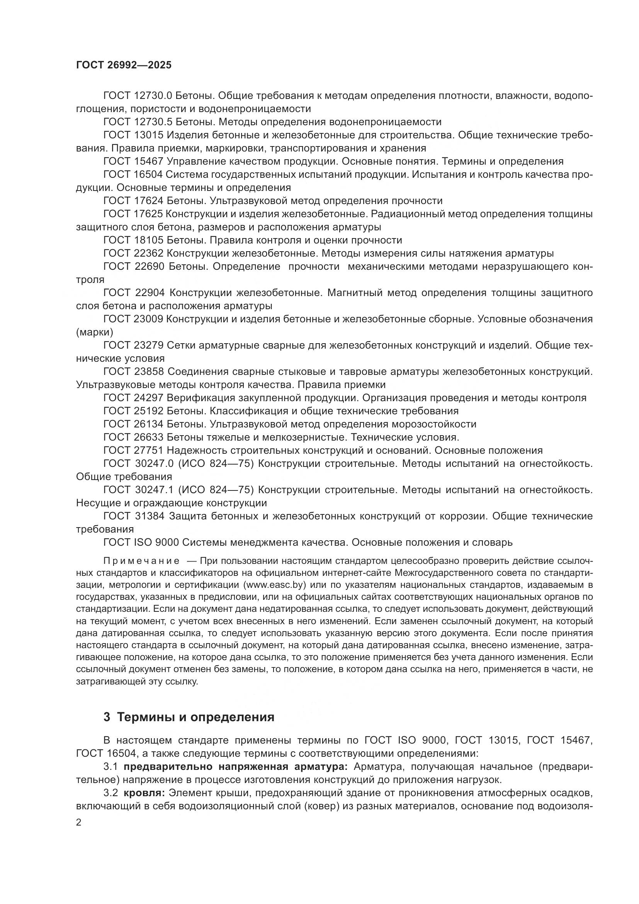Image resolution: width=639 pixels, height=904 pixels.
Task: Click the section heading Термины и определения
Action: coord(195,717)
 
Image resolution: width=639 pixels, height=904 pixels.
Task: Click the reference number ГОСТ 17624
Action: coord(133,201)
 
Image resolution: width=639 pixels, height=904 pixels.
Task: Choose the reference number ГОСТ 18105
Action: coord(133,240)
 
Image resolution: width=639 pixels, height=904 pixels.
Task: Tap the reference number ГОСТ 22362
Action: coord(133,253)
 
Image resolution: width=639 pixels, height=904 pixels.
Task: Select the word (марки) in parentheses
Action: coord(94,332)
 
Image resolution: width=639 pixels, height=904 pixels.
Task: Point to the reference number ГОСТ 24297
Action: coord(133,398)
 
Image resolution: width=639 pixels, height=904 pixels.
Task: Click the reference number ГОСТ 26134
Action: coord(133,424)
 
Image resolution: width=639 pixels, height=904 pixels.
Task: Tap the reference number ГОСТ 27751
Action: coord(133,450)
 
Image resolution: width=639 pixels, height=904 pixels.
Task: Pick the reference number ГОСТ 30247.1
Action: coord(139,490)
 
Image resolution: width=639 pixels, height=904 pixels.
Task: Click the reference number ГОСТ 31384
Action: coord(133,516)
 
